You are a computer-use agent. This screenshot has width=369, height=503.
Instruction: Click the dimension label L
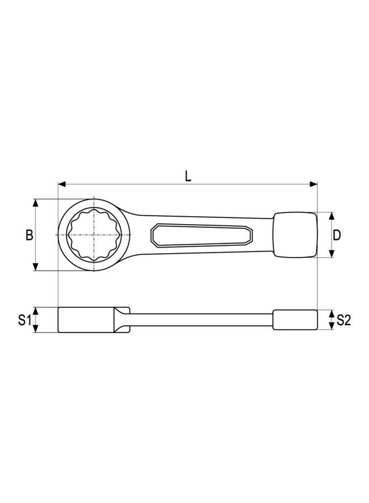(x=188, y=176)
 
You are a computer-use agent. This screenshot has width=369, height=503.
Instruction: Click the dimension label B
(x=29, y=235)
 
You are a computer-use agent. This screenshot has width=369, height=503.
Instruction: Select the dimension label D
(x=337, y=235)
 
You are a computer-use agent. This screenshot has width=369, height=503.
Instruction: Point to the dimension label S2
(x=343, y=320)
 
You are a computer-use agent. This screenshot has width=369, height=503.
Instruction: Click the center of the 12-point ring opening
(x=94, y=235)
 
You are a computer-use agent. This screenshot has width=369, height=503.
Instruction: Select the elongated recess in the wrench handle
(x=201, y=235)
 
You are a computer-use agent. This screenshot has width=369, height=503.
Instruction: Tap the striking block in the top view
(x=295, y=235)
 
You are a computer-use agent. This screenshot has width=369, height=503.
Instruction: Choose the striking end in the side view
(x=295, y=320)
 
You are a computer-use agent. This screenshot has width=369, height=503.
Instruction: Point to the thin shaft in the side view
(x=201, y=320)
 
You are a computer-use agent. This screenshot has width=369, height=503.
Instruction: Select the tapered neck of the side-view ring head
(x=123, y=320)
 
